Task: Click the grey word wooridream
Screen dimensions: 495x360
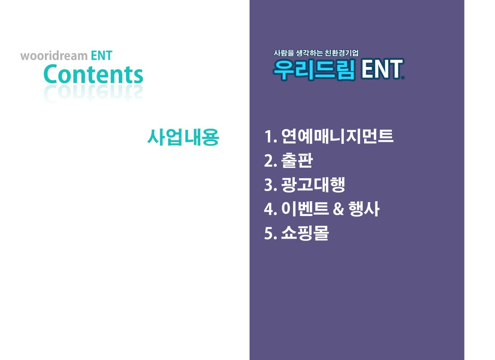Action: (x=54, y=56)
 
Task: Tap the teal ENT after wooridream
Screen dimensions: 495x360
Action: (x=102, y=56)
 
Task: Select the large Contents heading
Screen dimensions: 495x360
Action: (x=94, y=74)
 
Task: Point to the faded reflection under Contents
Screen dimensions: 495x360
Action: (x=94, y=94)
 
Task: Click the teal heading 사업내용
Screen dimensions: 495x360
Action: (x=184, y=137)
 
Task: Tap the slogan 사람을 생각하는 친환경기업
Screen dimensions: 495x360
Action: (x=316, y=53)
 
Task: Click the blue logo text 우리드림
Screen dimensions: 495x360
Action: (x=315, y=69)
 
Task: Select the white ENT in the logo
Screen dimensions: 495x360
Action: (x=382, y=69)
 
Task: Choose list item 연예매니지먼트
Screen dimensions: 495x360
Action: (x=337, y=136)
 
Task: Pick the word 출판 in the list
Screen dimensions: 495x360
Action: (x=297, y=160)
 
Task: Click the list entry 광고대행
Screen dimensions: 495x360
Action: (x=313, y=185)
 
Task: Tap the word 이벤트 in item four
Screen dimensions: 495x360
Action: (x=305, y=209)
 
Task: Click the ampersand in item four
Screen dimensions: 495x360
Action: (x=338, y=209)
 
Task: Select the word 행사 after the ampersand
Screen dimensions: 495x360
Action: (x=364, y=209)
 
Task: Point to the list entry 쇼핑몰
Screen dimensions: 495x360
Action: (x=305, y=233)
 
